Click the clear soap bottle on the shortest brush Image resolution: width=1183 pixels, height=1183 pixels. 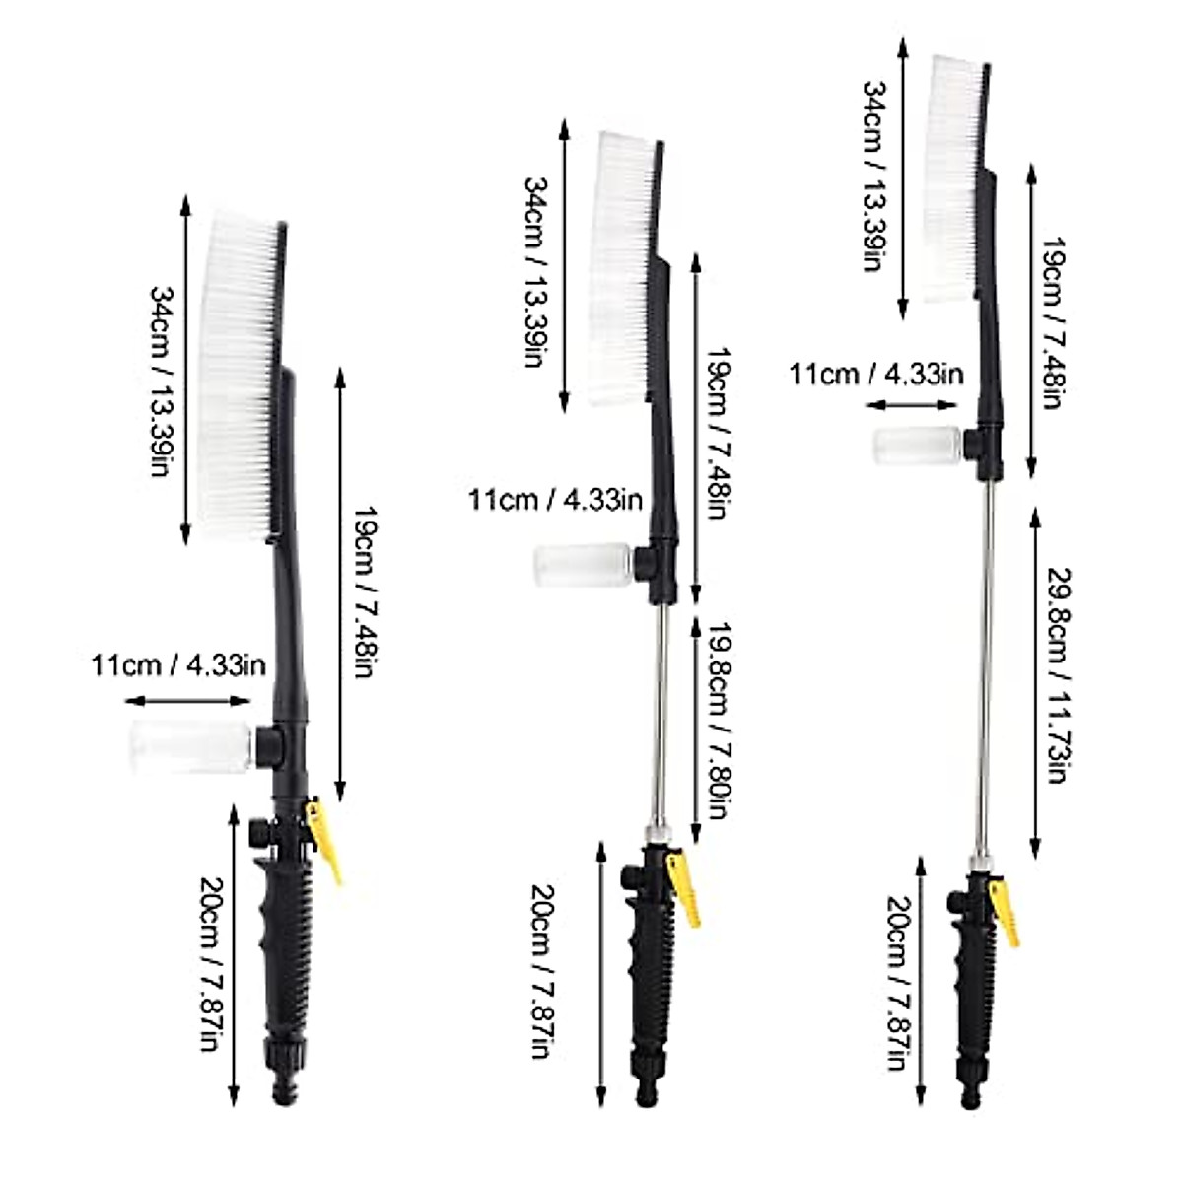click(x=190, y=746)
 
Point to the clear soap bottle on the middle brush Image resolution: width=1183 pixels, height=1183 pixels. click(x=581, y=565)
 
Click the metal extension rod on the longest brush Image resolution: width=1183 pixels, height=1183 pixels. click(x=985, y=670)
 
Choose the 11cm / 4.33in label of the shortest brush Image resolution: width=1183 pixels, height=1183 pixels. click(x=178, y=665)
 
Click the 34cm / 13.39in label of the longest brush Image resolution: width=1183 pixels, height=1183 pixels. click(x=875, y=177)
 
